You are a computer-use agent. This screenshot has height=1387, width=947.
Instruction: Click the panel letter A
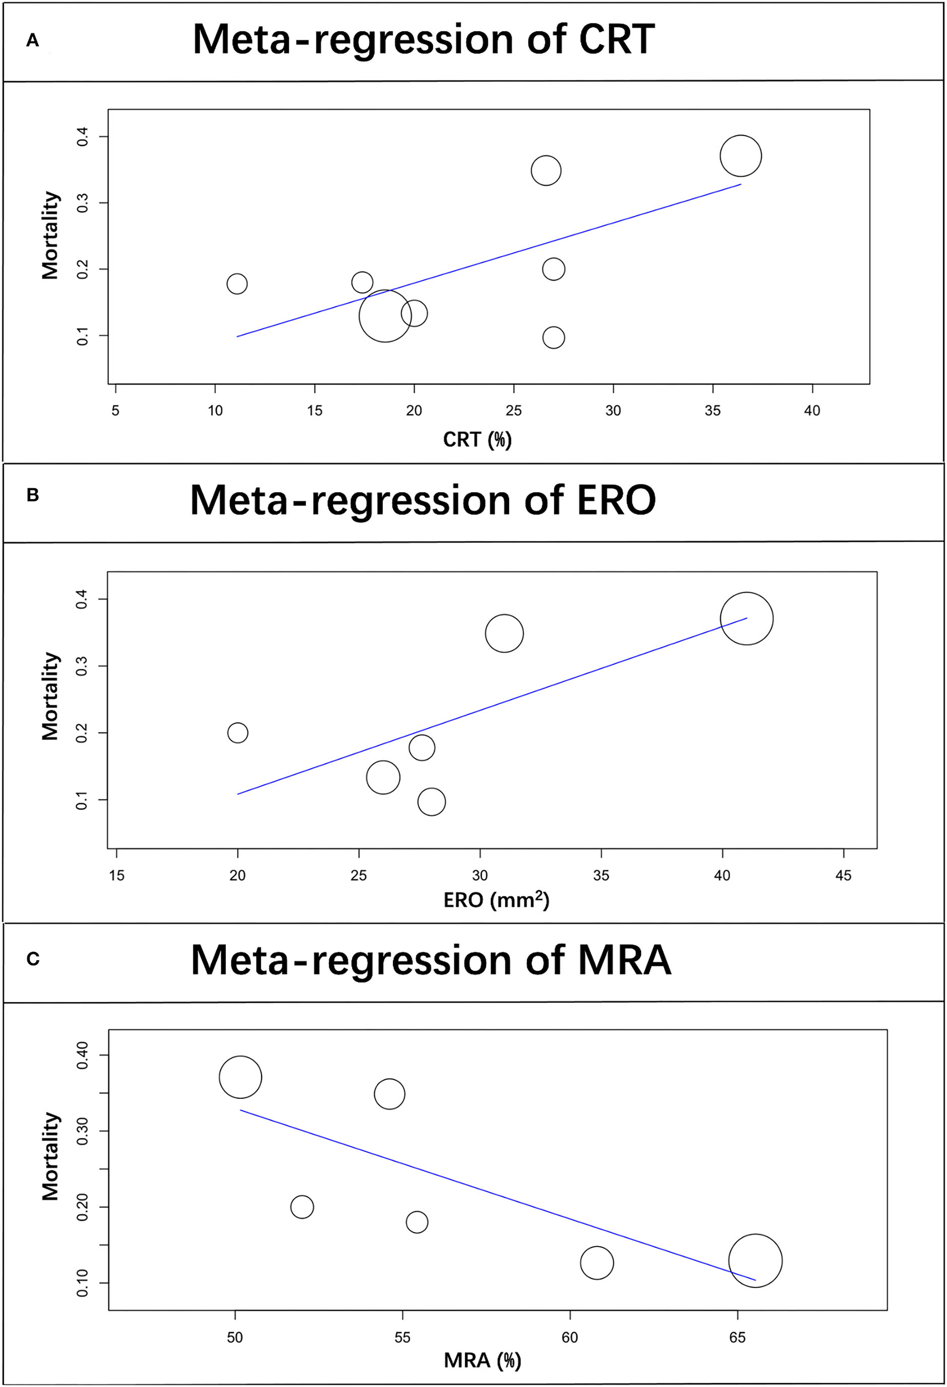(32, 41)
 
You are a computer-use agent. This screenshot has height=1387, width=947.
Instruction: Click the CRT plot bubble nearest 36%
(741, 156)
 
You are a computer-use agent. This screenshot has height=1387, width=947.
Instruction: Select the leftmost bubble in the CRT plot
(237, 284)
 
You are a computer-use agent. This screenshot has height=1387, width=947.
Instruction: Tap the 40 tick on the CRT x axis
(812, 411)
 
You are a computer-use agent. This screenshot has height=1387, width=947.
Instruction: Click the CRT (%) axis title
(477, 440)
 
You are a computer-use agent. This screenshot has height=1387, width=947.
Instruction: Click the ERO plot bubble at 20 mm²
(238, 732)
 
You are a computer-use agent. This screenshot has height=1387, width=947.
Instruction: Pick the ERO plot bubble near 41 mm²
(746, 619)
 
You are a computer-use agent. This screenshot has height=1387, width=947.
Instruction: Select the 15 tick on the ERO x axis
(117, 875)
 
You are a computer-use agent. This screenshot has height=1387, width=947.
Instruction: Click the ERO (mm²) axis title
(496, 900)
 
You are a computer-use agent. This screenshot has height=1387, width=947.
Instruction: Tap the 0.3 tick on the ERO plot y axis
(81, 666)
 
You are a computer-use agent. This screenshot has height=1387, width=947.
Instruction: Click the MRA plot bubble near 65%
(755, 1261)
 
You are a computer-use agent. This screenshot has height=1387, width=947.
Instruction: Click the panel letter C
(33, 959)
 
